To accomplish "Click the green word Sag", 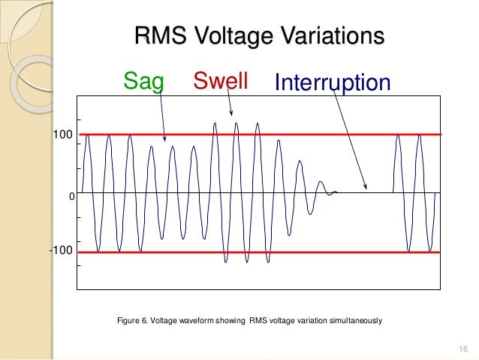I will point(143,81).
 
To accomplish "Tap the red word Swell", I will point(221,80).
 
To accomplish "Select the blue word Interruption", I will point(333,83).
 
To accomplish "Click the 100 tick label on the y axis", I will point(62,135).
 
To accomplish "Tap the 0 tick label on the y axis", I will point(71,195).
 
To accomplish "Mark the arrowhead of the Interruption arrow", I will point(366,188).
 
